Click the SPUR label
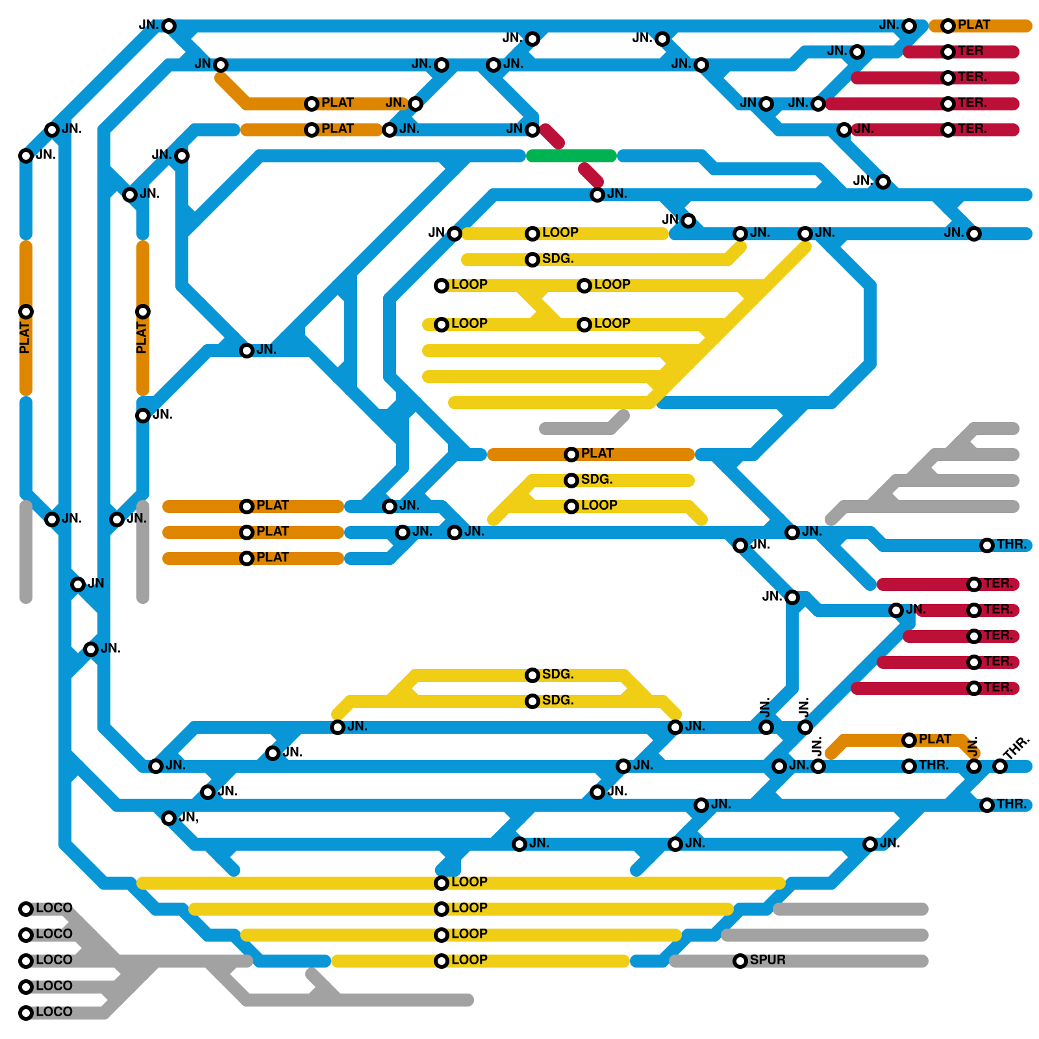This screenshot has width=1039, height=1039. (x=768, y=960)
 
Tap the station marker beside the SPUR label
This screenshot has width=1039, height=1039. (x=740, y=961)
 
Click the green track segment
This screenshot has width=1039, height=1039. (x=571, y=156)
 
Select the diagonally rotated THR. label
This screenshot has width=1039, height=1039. (x=1016, y=748)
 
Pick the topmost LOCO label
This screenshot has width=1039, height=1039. (x=54, y=908)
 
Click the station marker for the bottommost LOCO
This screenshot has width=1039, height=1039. (x=26, y=1013)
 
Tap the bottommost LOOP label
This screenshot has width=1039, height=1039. (x=469, y=960)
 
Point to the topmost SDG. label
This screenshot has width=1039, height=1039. (x=558, y=258)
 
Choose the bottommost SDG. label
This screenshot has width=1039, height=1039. (x=558, y=700)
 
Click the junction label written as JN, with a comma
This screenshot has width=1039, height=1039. (x=189, y=817)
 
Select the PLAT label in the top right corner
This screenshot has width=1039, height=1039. (x=973, y=25)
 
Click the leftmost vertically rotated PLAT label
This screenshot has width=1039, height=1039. (x=25, y=338)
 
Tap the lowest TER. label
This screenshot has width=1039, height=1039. (x=998, y=687)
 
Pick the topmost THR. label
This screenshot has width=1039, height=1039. (x=1012, y=544)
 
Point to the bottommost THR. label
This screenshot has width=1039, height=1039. (x=1012, y=804)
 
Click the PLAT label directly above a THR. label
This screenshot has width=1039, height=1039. (x=934, y=739)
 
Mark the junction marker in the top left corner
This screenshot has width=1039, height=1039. (x=169, y=26)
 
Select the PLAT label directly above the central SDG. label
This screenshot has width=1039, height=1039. (x=597, y=453)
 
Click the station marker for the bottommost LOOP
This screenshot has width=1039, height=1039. (x=442, y=961)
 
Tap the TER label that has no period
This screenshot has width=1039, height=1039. (x=970, y=51)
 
